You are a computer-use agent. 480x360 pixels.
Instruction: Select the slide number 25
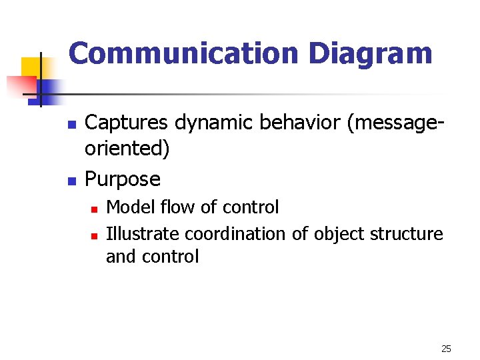(x=447, y=349)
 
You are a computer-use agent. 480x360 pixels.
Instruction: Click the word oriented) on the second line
(x=127, y=148)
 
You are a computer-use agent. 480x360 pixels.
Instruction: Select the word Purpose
(x=123, y=179)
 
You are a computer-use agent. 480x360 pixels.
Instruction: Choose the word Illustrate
(x=143, y=234)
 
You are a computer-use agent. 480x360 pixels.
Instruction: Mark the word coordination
(x=237, y=234)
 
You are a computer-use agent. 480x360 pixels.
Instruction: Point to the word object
(x=337, y=234)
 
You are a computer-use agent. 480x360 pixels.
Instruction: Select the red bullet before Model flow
(x=95, y=209)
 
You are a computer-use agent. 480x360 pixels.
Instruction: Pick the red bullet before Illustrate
(x=95, y=235)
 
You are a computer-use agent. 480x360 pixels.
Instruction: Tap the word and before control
(x=120, y=257)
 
